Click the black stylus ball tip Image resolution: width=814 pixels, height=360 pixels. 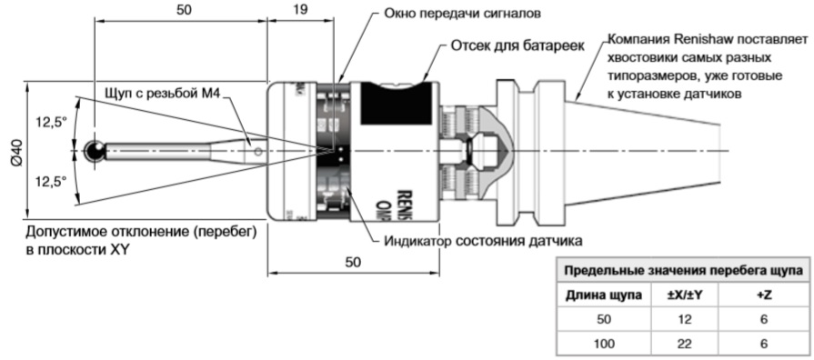pyautogui.click(x=93, y=151)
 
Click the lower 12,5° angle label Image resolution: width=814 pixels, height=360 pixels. pyautogui.click(x=51, y=182)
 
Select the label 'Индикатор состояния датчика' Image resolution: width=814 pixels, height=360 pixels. pyautogui.click(x=483, y=240)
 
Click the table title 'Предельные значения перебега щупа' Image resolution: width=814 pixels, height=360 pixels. pyautogui.click(x=682, y=271)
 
